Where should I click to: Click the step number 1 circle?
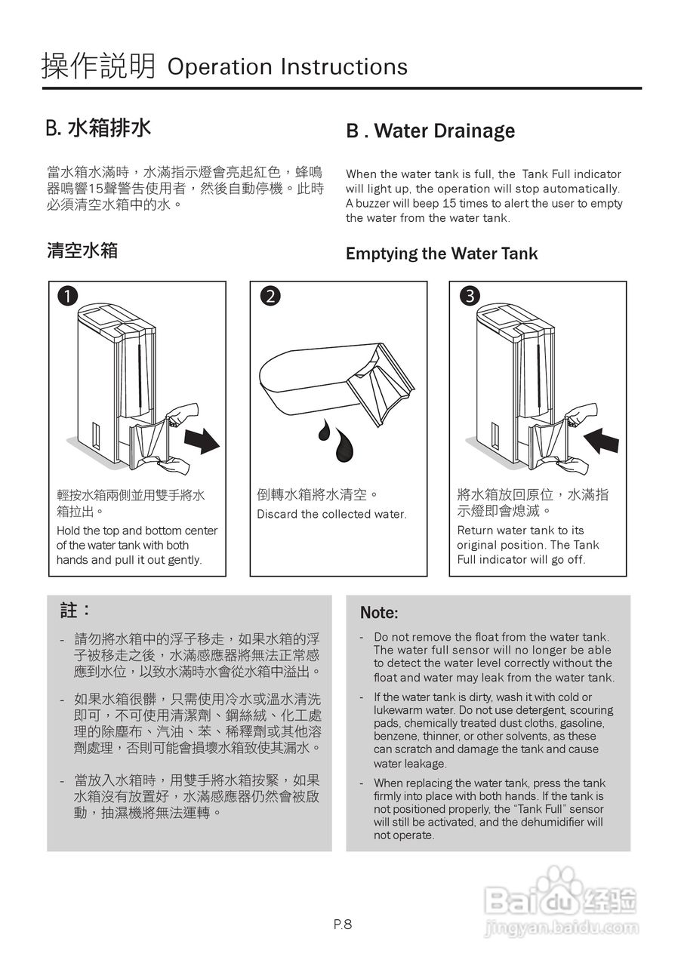[x=67, y=297]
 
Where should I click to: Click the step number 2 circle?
[x=268, y=297]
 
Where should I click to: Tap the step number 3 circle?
[x=469, y=297]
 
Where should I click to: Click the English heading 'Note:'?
[x=379, y=613]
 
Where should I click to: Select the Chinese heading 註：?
[x=75, y=610]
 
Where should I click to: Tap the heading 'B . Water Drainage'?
[x=430, y=131]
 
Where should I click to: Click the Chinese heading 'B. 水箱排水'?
[x=98, y=128]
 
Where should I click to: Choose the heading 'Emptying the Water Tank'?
[x=442, y=254]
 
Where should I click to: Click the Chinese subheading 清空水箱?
[x=82, y=251]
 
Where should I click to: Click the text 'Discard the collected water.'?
[x=331, y=515]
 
